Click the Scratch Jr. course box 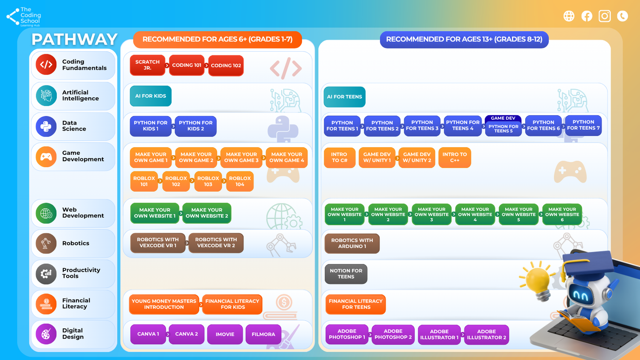click(148, 65)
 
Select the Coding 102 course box click(226, 66)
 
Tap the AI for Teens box click(345, 97)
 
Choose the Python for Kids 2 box click(196, 126)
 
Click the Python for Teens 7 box click(583, 125)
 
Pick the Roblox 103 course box click(208, 181)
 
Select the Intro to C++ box click(454, 157)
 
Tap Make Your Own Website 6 click(562, 214)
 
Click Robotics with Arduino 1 click(352, 244)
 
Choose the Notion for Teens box click(346, 274)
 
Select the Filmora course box click(263, 334)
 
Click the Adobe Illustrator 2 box click(486, 334)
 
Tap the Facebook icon click(587, 16)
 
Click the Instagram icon click(605, 16)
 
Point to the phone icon click(622, 16)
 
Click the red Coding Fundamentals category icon click(46, 64)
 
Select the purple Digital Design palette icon click(46, 334)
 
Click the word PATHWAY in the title click(74, 39)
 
